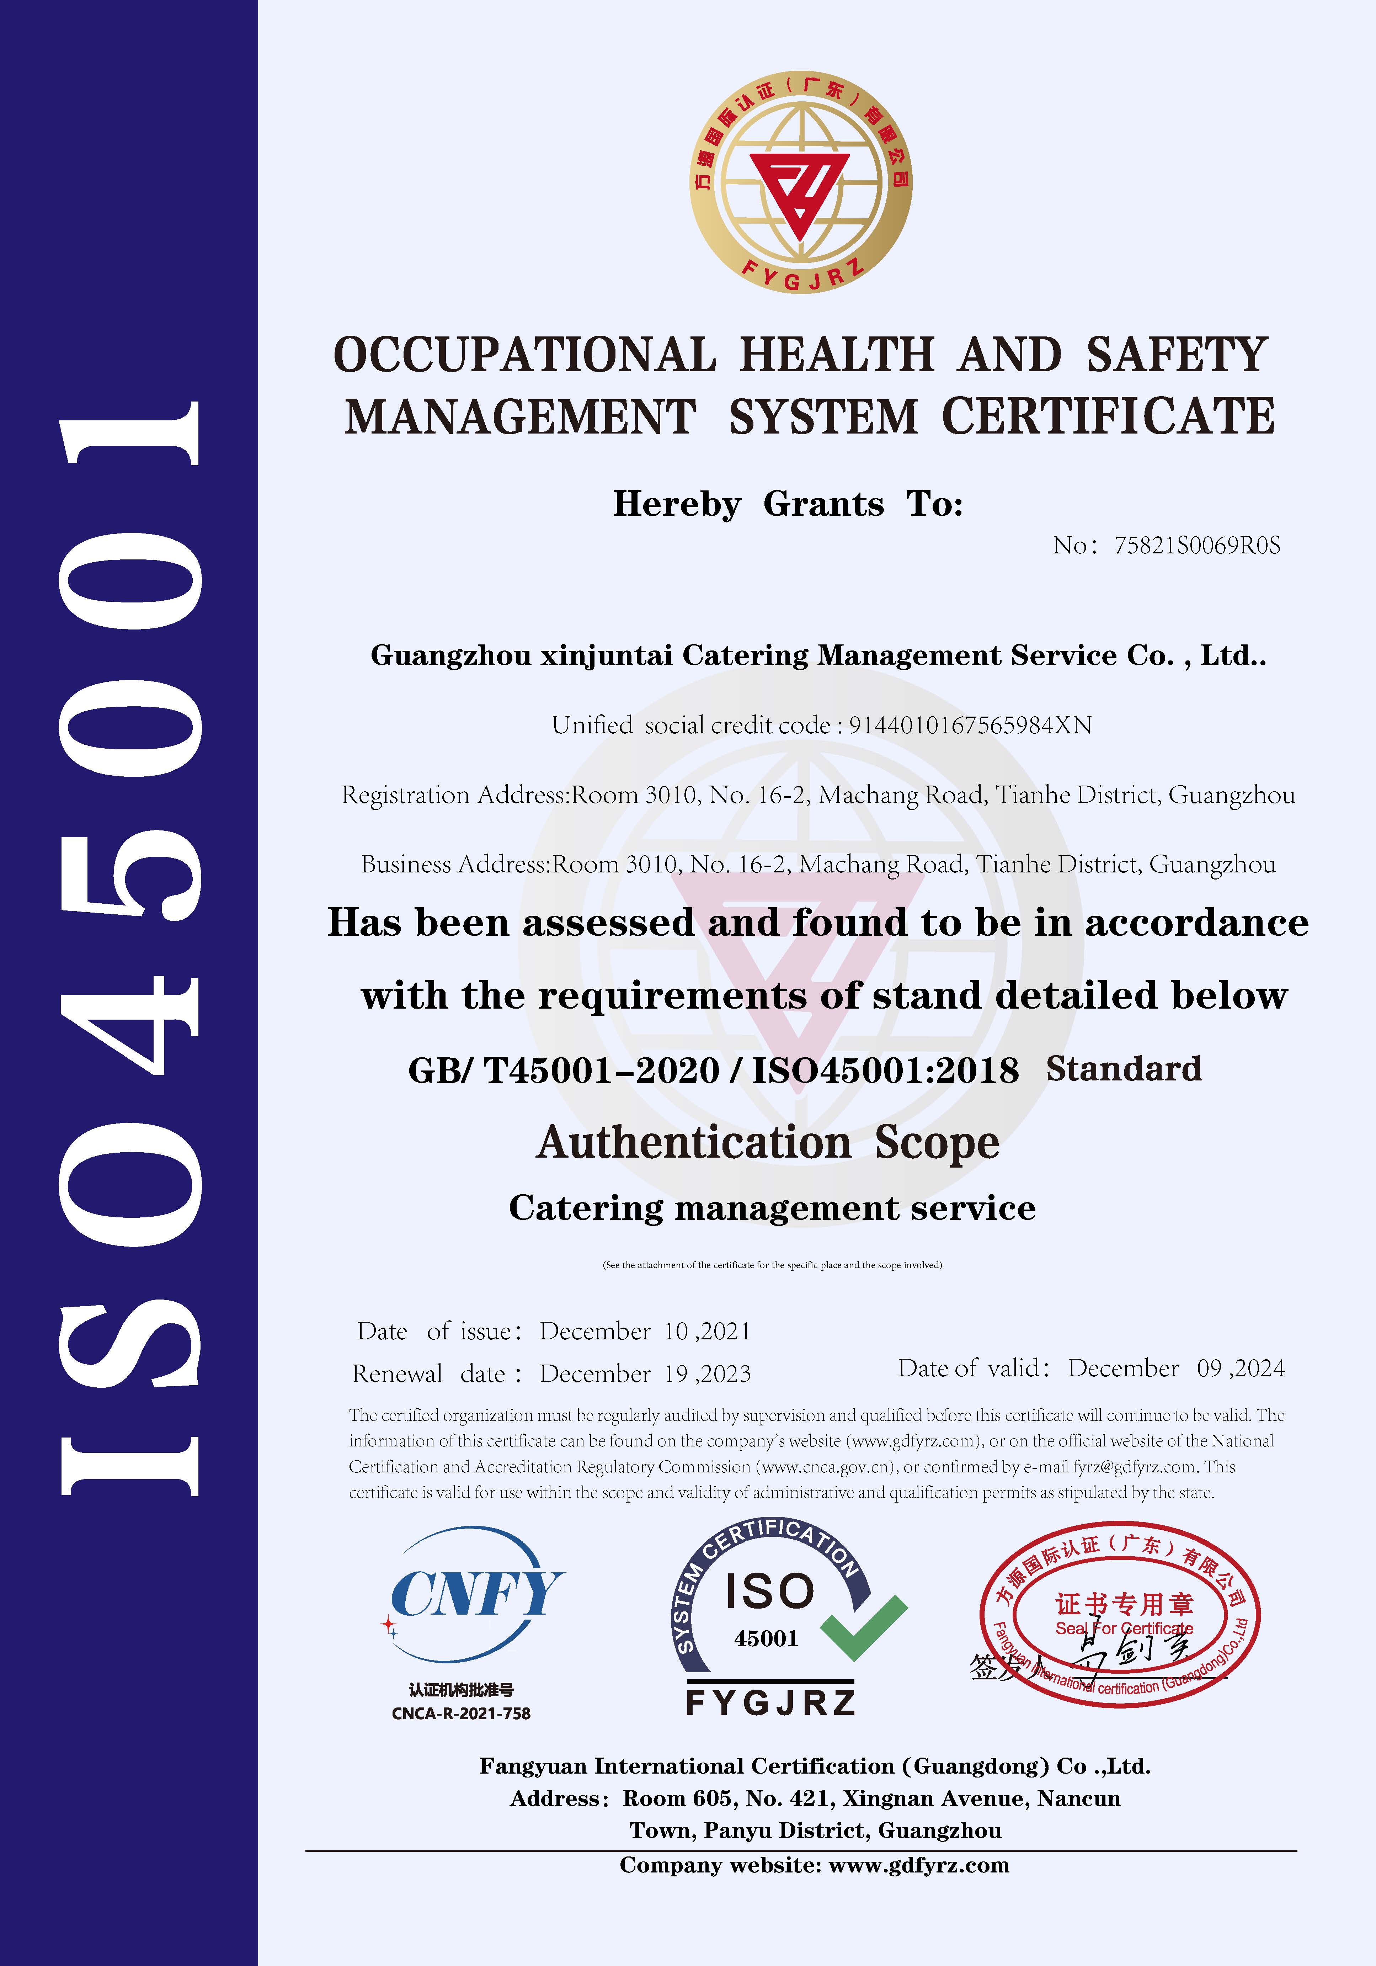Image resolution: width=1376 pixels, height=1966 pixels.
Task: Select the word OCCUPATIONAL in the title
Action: click(524, 355)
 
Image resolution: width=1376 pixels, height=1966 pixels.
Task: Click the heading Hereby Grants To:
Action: click(788, 504)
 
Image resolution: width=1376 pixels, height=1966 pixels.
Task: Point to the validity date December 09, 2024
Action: click(1175, 1368)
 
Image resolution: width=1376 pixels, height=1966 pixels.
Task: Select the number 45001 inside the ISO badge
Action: click(766, 1639)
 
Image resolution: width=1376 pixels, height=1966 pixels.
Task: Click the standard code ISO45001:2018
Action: click(885, 1070)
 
